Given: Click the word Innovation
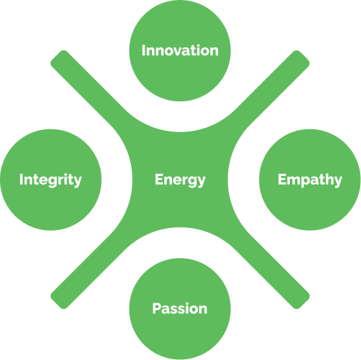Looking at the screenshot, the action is coord(180,51).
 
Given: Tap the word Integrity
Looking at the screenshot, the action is coord(51,180).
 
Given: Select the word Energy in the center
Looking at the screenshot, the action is coord(180,180).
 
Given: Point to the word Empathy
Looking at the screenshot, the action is coord(310,180).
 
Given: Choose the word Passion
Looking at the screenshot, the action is coord(179,308).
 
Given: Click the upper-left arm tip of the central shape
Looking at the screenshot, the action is coord(57,57).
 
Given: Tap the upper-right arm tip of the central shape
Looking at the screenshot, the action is coord(303,57).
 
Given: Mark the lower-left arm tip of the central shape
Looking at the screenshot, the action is coord(57,303).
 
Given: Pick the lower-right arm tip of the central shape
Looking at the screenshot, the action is coord(303,303).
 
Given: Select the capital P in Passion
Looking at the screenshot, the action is coord(157,308).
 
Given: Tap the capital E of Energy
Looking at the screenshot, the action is coord(159,179).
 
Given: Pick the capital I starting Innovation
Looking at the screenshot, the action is coord(143,51).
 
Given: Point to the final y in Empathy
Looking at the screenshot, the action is coord(338,182).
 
